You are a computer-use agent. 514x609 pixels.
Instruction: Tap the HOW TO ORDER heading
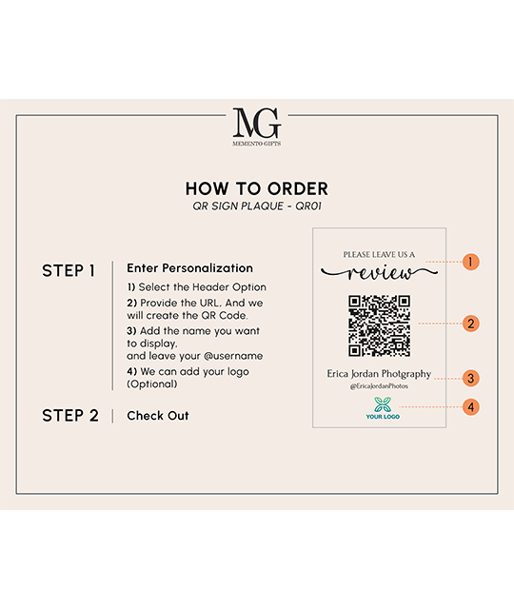coord(257,188)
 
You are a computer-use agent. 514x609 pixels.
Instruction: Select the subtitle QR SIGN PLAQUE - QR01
coord(257,206)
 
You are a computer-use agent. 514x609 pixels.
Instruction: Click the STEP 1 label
coord(69,270)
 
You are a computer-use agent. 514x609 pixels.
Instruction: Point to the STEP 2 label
coord(70,416)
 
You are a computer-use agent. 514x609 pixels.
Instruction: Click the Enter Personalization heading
coord(189,268)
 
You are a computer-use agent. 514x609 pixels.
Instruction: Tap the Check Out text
coord(158,416)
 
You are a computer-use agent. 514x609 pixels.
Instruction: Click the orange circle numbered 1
coord(470,262)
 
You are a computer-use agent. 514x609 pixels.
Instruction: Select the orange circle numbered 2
coord(470,324)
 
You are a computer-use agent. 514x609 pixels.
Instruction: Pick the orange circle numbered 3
coord(470,379)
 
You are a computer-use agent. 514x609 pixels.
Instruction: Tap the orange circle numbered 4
coord(470,407)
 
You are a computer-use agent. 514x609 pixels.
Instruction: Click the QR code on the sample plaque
coord(379,325)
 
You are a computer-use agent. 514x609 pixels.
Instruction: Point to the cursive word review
coord(379,273)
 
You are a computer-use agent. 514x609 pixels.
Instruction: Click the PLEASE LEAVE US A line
coord(379,255)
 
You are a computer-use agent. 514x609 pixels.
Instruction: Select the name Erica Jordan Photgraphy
coord(379,374)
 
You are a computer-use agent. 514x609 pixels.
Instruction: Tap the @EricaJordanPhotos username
coord(379,386)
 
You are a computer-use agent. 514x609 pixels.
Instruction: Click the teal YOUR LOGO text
coord(383,417)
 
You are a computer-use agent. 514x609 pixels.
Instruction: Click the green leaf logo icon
coord(383,404)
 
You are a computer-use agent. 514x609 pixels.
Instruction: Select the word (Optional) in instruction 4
coord(152,384)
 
